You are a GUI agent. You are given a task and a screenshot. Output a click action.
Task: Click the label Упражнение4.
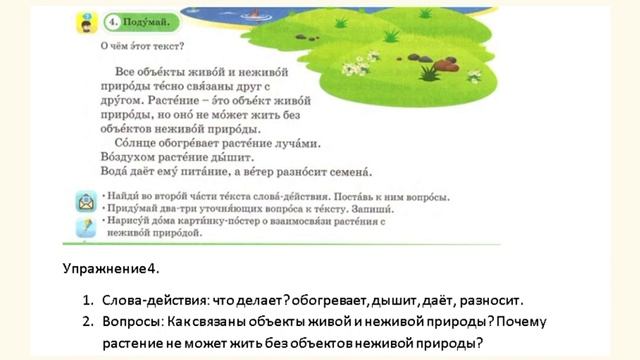coord(110,270)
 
